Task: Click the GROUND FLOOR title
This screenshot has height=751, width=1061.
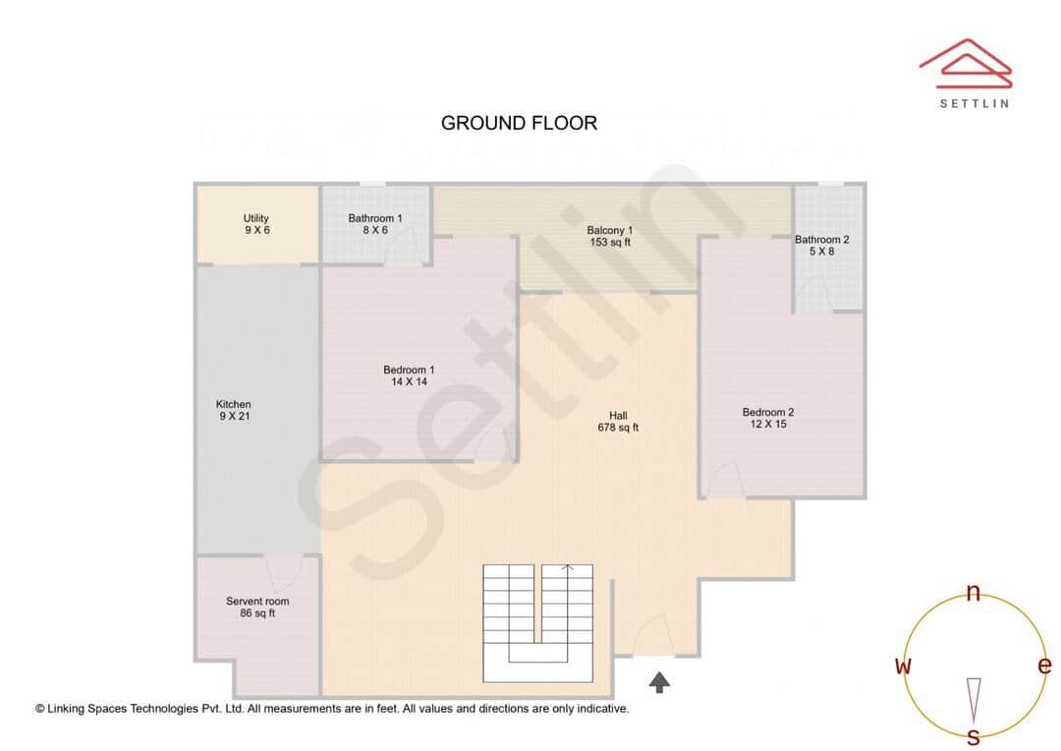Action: pyautogui.click(x=519, y=123)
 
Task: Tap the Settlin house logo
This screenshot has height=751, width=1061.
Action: pyautogui.click(x=965, y=61)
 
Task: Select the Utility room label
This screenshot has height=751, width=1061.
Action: pyautogui.click(x=256, y=224)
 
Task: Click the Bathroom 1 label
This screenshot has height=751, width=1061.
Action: pyautogui.click(x=374, y=224)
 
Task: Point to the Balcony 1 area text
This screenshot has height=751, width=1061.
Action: pyautogui.click(x=610, y=236)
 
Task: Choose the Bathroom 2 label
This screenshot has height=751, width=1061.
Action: pyautogui.click(x=822, y=245)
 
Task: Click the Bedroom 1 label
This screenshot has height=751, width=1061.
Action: pyautogui.click(x=409, y=375)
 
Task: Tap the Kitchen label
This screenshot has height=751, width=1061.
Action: pyautogui.click(x=234, y=410)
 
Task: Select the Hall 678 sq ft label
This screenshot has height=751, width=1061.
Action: pyautogui.click(x=618, y=422)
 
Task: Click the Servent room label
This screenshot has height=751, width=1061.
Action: pyautogui.click(x=257, y=607)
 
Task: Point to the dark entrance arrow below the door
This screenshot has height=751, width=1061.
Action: pyautogui.click(x=659, y=681)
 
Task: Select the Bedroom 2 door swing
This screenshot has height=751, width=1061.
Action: pyautogui.click(x=725, y=481)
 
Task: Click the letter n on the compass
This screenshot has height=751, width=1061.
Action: pyautogui.click(x=973, y=592)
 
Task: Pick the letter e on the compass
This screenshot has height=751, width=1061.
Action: pyautogui.click(x=1043, y=665)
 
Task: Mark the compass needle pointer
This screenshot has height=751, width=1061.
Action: pyautogui.click(x=974, y=698)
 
